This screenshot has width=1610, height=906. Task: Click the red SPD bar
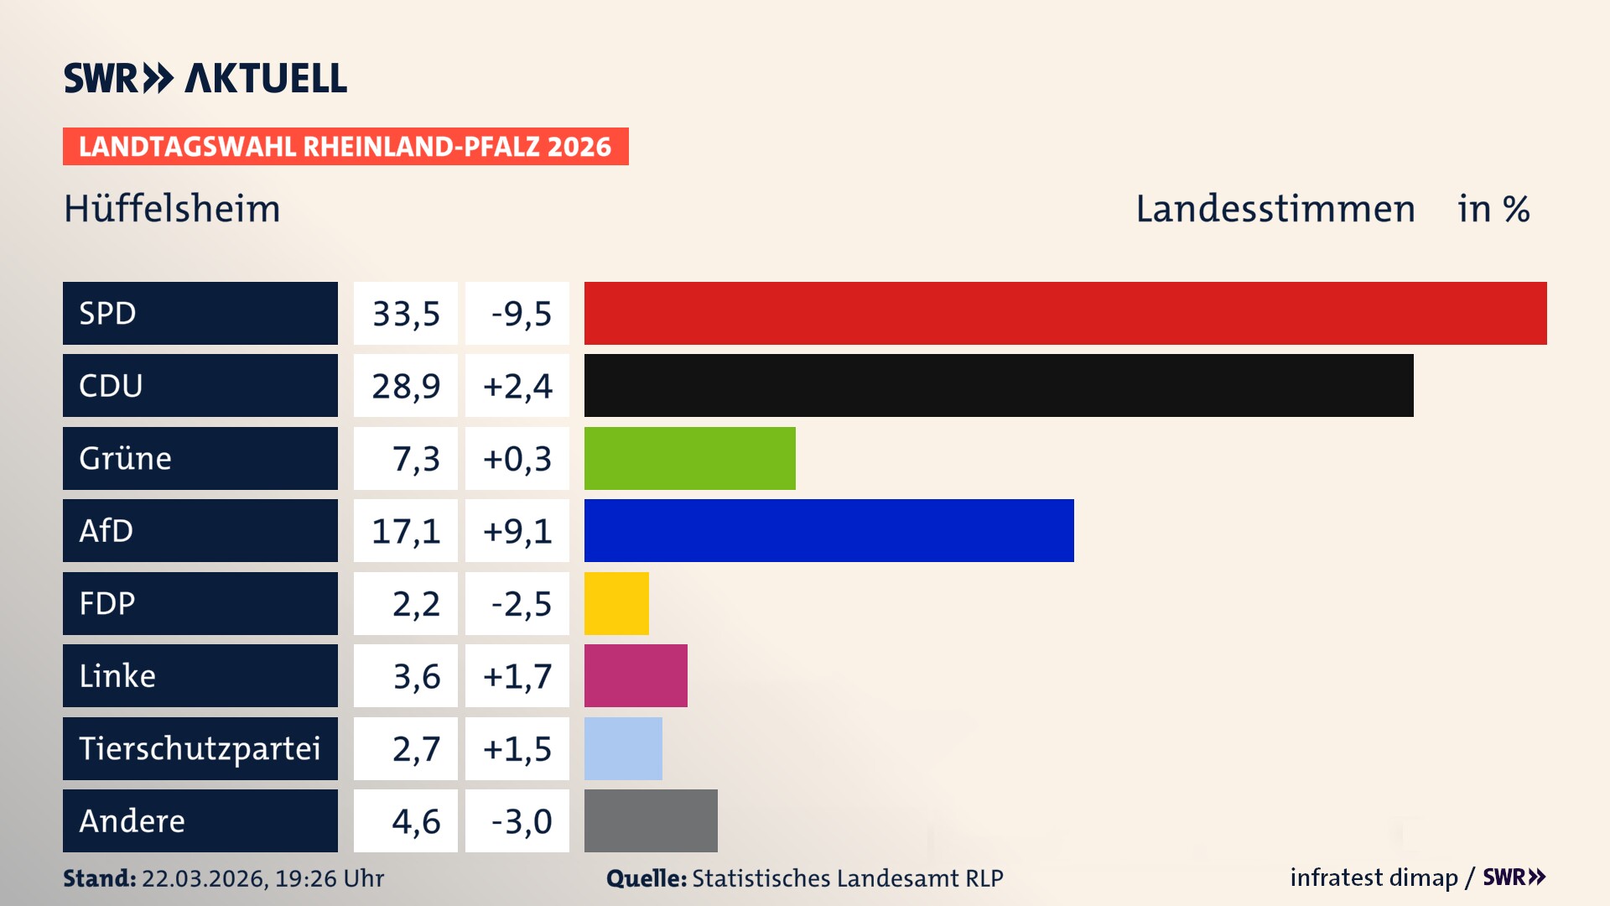[x=1065, y=313]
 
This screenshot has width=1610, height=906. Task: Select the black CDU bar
[x=998, y=385]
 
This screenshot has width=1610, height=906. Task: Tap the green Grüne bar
[x=689, y=458]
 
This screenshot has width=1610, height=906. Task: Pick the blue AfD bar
[x=828, y=530]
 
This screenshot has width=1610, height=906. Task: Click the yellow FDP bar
[x=616, y=603]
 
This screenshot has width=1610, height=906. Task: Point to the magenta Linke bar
[x=636, y=675]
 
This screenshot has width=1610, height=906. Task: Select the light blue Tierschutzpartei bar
[x=623, y=748]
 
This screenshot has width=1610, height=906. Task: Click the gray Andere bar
[x=651, y=820]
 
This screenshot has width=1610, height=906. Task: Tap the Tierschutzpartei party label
[x=200, y=748]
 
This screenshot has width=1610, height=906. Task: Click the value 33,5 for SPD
[x=406, y=314]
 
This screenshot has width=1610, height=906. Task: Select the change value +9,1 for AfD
[x=517, y=531]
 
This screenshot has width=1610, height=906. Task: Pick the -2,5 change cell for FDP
[x=521, y=604]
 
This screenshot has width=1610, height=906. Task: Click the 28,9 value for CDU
[x=406, y=386]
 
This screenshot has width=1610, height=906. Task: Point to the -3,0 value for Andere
[x=521, y=821]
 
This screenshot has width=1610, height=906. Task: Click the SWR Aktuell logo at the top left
[x=205, y=78]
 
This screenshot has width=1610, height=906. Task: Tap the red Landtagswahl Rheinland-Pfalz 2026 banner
[x=345, y=147]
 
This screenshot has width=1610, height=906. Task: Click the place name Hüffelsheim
[x=172, y=209]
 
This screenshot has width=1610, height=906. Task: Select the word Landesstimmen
[x=1275, y=209]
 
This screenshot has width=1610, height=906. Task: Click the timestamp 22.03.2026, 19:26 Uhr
[x=262, y=878]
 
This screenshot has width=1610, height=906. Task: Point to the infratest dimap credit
[x=1374, y=877]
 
